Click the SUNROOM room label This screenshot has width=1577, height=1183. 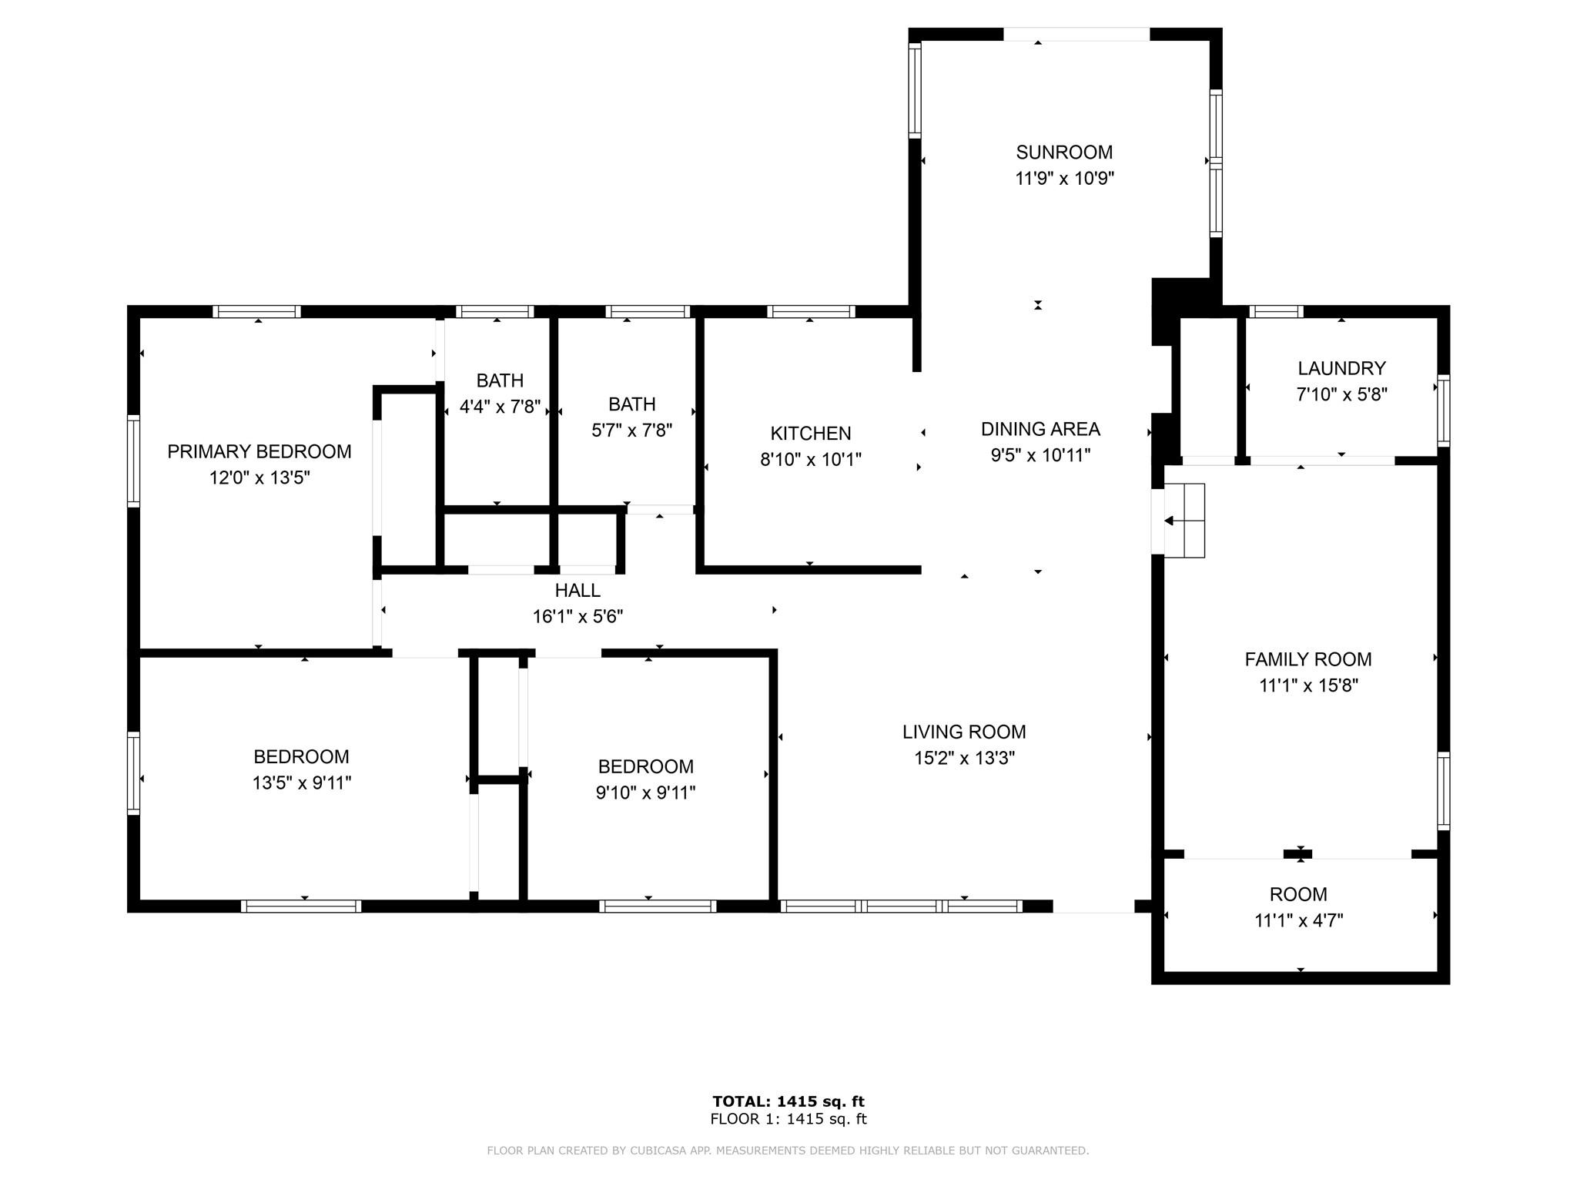1064,152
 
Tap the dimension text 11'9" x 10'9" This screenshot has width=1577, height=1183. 1065,179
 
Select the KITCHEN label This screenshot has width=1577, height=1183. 811,434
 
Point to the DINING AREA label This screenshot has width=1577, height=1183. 1040,429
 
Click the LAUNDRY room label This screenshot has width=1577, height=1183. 1342,368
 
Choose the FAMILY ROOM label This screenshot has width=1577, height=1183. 1308,659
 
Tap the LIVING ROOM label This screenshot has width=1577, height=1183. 964,732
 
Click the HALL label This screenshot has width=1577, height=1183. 578,591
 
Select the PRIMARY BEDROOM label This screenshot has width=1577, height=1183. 259,451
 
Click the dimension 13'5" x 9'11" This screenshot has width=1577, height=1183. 302,783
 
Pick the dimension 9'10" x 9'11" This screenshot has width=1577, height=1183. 645,793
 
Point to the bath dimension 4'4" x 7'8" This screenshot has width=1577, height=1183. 501,407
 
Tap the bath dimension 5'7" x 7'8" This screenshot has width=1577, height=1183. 632,431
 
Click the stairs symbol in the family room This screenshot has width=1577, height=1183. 1184,521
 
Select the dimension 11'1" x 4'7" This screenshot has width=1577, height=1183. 1299,920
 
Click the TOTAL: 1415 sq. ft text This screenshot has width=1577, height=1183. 788,1101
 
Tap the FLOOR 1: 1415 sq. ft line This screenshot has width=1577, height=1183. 788,1119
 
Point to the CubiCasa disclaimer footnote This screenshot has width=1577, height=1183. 788,1151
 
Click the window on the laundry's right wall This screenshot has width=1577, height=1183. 1444,411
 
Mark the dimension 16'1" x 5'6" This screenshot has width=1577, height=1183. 578,617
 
